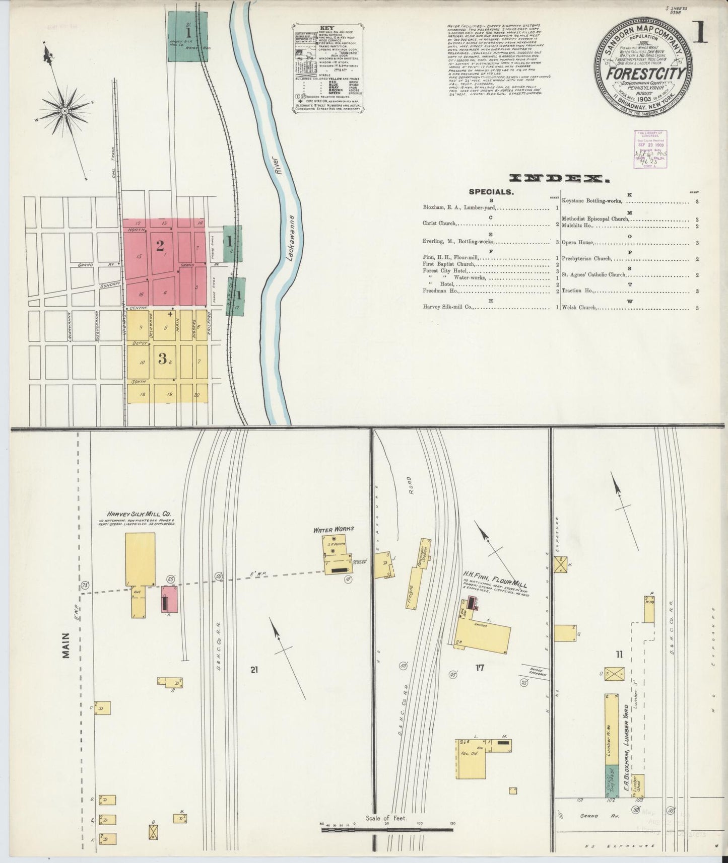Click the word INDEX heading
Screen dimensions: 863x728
(x=557, y=178)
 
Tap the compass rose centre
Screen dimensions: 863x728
(x=65, y=110)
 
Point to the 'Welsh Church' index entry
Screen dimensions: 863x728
(x=579, y=307)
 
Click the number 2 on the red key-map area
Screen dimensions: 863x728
(x=160, y=246)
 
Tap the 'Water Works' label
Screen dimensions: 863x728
(x=334, y=529)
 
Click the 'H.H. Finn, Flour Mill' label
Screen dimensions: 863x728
(x=495, y=578)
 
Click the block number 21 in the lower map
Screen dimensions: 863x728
(x=254, y=670)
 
